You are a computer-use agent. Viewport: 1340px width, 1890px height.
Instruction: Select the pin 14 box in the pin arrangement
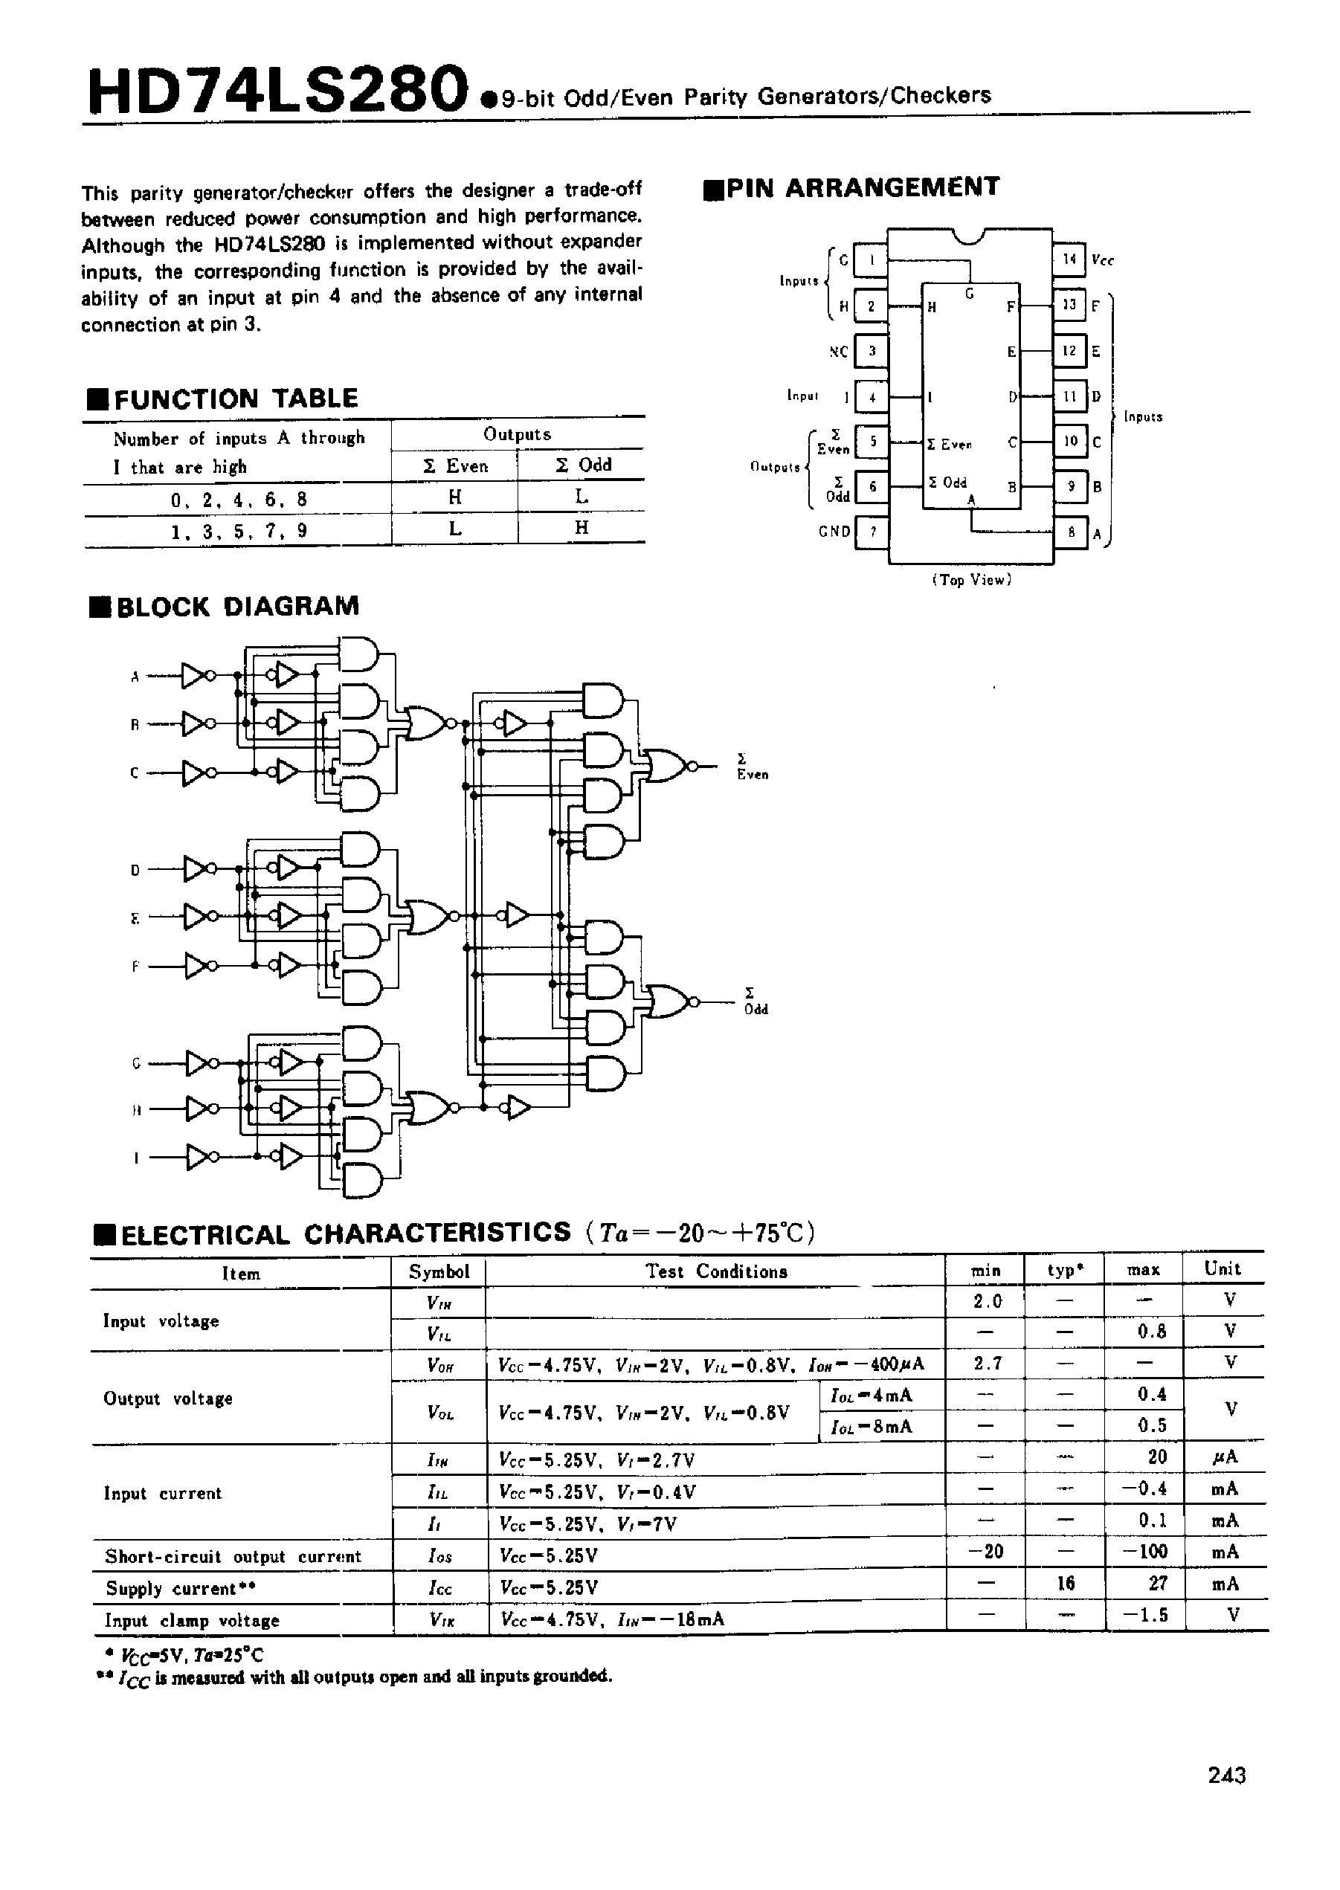pos(1069,259)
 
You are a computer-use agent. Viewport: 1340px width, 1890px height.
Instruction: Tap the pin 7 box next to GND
pos(872,532)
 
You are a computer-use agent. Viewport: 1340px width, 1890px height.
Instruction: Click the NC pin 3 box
pos(872,352)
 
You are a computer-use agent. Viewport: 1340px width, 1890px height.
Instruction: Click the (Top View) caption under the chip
pos(971,580)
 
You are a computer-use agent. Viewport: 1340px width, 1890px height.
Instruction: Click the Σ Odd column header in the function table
pos(582,465)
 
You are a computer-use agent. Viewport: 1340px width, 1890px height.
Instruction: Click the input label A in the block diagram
pos(135,677)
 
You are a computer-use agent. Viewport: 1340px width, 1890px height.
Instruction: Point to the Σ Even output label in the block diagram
pos(752,767)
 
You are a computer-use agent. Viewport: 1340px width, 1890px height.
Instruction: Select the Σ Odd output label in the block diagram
pos(755,1002)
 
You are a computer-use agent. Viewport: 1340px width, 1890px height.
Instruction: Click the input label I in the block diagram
pos(135,1158)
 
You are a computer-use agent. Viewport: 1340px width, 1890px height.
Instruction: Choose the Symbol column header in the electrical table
pos(439,1271)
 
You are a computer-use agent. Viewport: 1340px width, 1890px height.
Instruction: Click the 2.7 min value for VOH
pos(986,1364)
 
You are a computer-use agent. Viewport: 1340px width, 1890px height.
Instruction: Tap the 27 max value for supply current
pos(1158,1583)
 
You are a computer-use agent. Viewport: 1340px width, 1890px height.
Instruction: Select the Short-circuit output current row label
pos(233,1556)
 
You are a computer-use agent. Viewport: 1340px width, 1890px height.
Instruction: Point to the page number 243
pos(1226,1775)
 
